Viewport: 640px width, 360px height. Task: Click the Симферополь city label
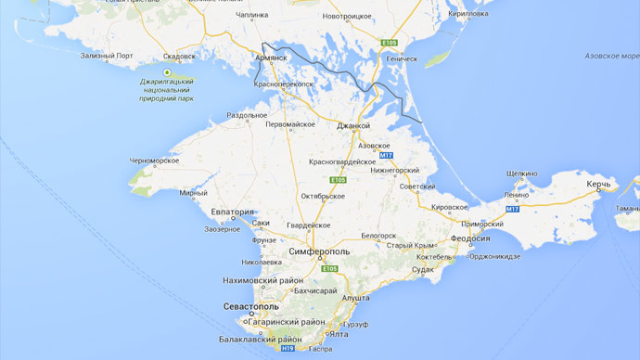[x=319, y=251]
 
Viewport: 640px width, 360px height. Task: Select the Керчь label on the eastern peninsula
[x=597, y=186]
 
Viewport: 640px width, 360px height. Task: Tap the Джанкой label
[x=352, y=126]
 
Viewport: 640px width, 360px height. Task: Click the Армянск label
[x=271, y=58]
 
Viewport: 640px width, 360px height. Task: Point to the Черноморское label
[x=154, y=161]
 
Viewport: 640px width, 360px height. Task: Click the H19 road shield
[x=288, y=348]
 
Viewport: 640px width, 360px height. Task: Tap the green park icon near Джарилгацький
[x=167, y=72]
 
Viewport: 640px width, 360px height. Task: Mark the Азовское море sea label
[x=612, y=56]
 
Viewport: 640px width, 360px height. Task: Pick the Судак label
[x=422, y=269]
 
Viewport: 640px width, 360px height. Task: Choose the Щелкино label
[x=522, y=174]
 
